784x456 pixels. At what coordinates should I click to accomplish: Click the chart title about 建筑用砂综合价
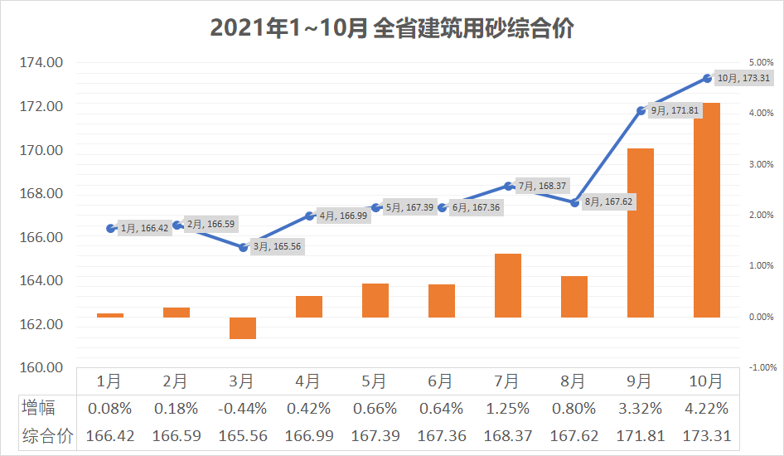392,28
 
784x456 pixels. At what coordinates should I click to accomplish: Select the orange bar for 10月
707,210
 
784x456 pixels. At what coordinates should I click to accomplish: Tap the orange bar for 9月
641,233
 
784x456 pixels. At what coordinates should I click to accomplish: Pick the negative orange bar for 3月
243,328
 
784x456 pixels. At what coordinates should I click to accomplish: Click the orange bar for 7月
508,285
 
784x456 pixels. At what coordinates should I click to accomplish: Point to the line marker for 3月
243,247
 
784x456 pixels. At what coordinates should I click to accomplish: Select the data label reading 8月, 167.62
609,201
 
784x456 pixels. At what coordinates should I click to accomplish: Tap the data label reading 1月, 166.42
145,228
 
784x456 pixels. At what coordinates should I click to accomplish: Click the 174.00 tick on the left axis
41,63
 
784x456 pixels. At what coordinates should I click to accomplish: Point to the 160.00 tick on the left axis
41,367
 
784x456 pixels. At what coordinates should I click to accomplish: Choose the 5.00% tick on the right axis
760,63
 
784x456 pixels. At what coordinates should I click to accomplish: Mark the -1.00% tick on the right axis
760,367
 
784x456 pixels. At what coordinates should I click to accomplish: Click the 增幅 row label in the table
39,408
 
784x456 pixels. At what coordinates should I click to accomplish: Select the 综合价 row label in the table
46,435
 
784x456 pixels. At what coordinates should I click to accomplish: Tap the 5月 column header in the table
374,381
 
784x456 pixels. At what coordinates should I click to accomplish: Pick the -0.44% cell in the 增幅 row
241,408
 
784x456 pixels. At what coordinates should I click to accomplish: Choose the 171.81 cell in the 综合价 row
639,435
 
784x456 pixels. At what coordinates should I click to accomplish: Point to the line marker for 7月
508,186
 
